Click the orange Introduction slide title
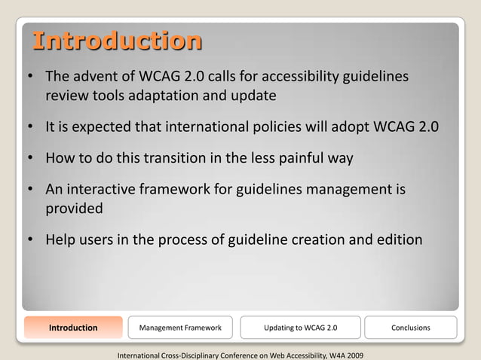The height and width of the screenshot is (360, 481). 116,41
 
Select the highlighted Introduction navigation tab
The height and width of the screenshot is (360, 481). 73,328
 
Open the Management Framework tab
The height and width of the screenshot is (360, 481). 180,328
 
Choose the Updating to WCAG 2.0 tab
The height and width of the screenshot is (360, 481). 301,328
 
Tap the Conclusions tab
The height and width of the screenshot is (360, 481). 411,328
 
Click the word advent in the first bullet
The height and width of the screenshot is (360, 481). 96,77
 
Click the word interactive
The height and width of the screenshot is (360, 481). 104,191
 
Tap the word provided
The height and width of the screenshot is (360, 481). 74,209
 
